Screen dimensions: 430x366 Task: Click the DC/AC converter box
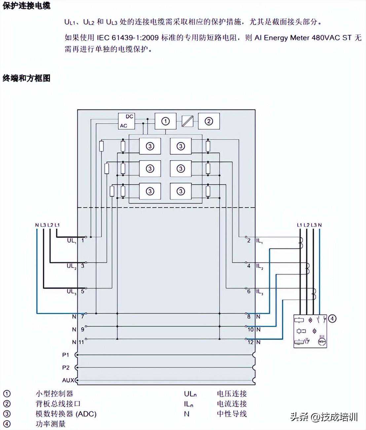point(127,121)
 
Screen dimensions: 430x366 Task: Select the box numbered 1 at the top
point(165,121)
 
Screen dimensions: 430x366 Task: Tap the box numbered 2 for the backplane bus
point(209,121)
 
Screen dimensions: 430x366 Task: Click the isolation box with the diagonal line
point(187,121)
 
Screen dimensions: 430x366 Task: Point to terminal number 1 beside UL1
point(83,240)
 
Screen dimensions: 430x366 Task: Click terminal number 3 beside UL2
point(83,266)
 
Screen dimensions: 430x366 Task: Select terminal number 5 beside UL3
point(83,291)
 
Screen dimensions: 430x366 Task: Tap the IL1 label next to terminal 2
point(260,241)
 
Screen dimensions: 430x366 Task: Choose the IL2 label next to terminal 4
point(260,266)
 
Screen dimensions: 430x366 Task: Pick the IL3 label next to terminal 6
point(260,292)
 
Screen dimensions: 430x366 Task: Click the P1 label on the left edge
point(66,355)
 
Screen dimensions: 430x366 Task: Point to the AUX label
point(68,380)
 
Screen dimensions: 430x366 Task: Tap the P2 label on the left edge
point(66,368)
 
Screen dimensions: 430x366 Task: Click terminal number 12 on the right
point(251,342)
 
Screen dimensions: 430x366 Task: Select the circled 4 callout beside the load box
point(332,319)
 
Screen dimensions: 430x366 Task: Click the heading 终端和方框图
point(26,78)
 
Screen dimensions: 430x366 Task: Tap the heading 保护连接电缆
point(26,6)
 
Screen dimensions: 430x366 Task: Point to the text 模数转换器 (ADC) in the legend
point(66,414)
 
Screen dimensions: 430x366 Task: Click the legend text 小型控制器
point(55,394)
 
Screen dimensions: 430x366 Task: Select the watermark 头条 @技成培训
point(324,417)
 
